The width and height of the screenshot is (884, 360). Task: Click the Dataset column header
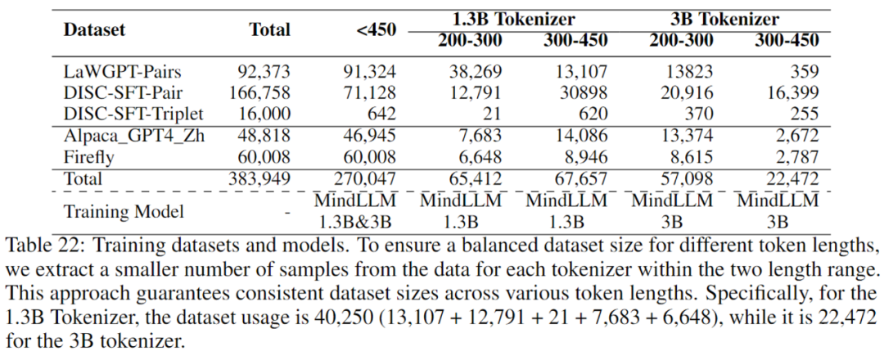[x=95, y=30]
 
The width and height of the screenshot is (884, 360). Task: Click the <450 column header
[x=376, y=30]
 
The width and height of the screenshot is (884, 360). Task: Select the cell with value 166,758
[x=259, y=92]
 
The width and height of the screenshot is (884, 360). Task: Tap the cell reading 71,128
[x=368, y=92]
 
